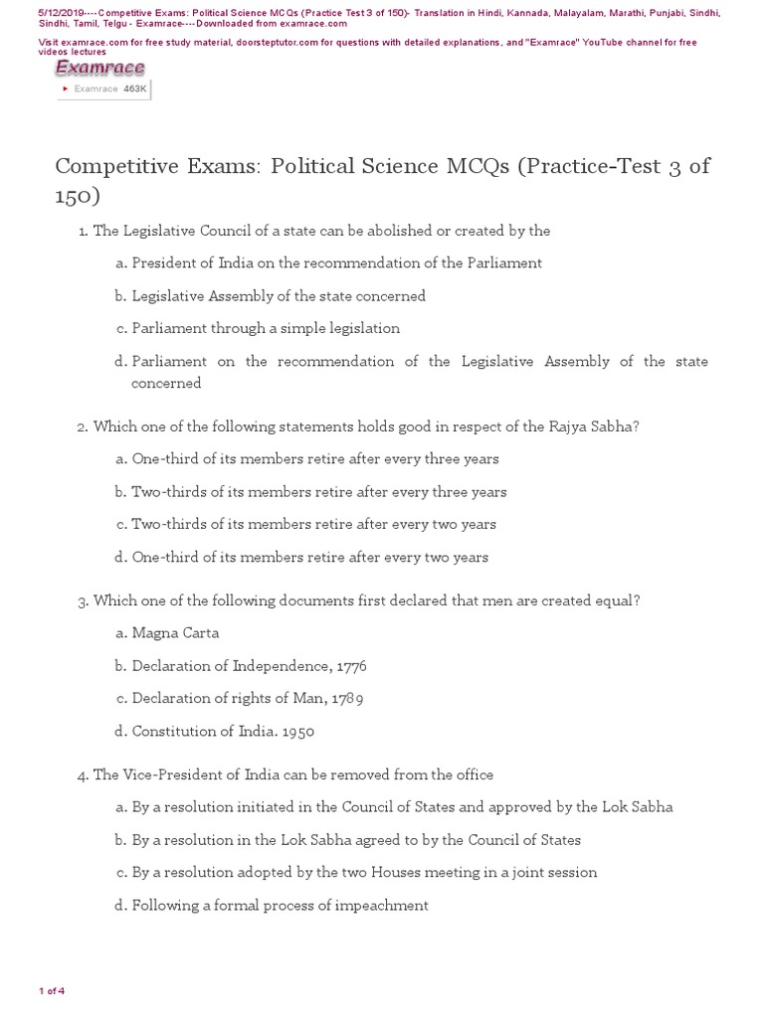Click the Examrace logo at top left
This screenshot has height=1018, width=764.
pyautogui.click(x=99, y=68)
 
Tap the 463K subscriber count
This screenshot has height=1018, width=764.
pyautogui.click(x=134, y=88)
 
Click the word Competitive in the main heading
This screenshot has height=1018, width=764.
pyautogui.click(x=118, y=165)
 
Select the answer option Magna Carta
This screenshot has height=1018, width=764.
pyautogui.click(x=175, y=633)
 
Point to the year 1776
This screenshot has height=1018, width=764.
pyautogui.click(x=352, y=666)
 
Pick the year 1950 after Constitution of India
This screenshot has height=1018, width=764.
pyautogui.click(x=297, y=732)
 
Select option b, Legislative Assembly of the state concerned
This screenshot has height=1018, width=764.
pyautogui.click(x=279, y=296)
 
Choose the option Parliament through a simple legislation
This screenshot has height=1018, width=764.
pyautogui.click(x=266, y=328)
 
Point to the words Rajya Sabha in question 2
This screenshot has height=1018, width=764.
pyautogui.click(x=593, y=426)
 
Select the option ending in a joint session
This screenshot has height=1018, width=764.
pyautogui.click(x=364, y=873)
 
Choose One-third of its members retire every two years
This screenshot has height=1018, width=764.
pyautogui.click(x=309, y=557)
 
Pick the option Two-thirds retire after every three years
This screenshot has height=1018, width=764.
pyautogui.click(x=318, y=492)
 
